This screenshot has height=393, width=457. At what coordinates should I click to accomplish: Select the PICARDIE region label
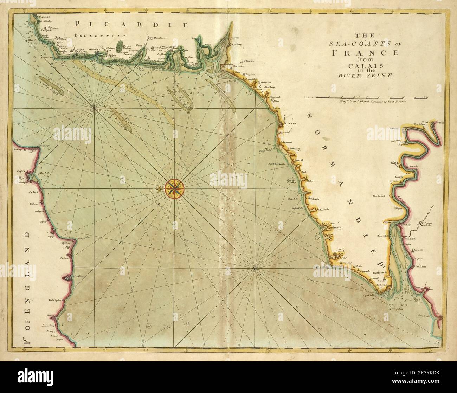132,24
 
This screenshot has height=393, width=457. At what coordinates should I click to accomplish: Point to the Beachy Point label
84,238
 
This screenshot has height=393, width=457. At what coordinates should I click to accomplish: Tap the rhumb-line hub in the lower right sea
255,269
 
